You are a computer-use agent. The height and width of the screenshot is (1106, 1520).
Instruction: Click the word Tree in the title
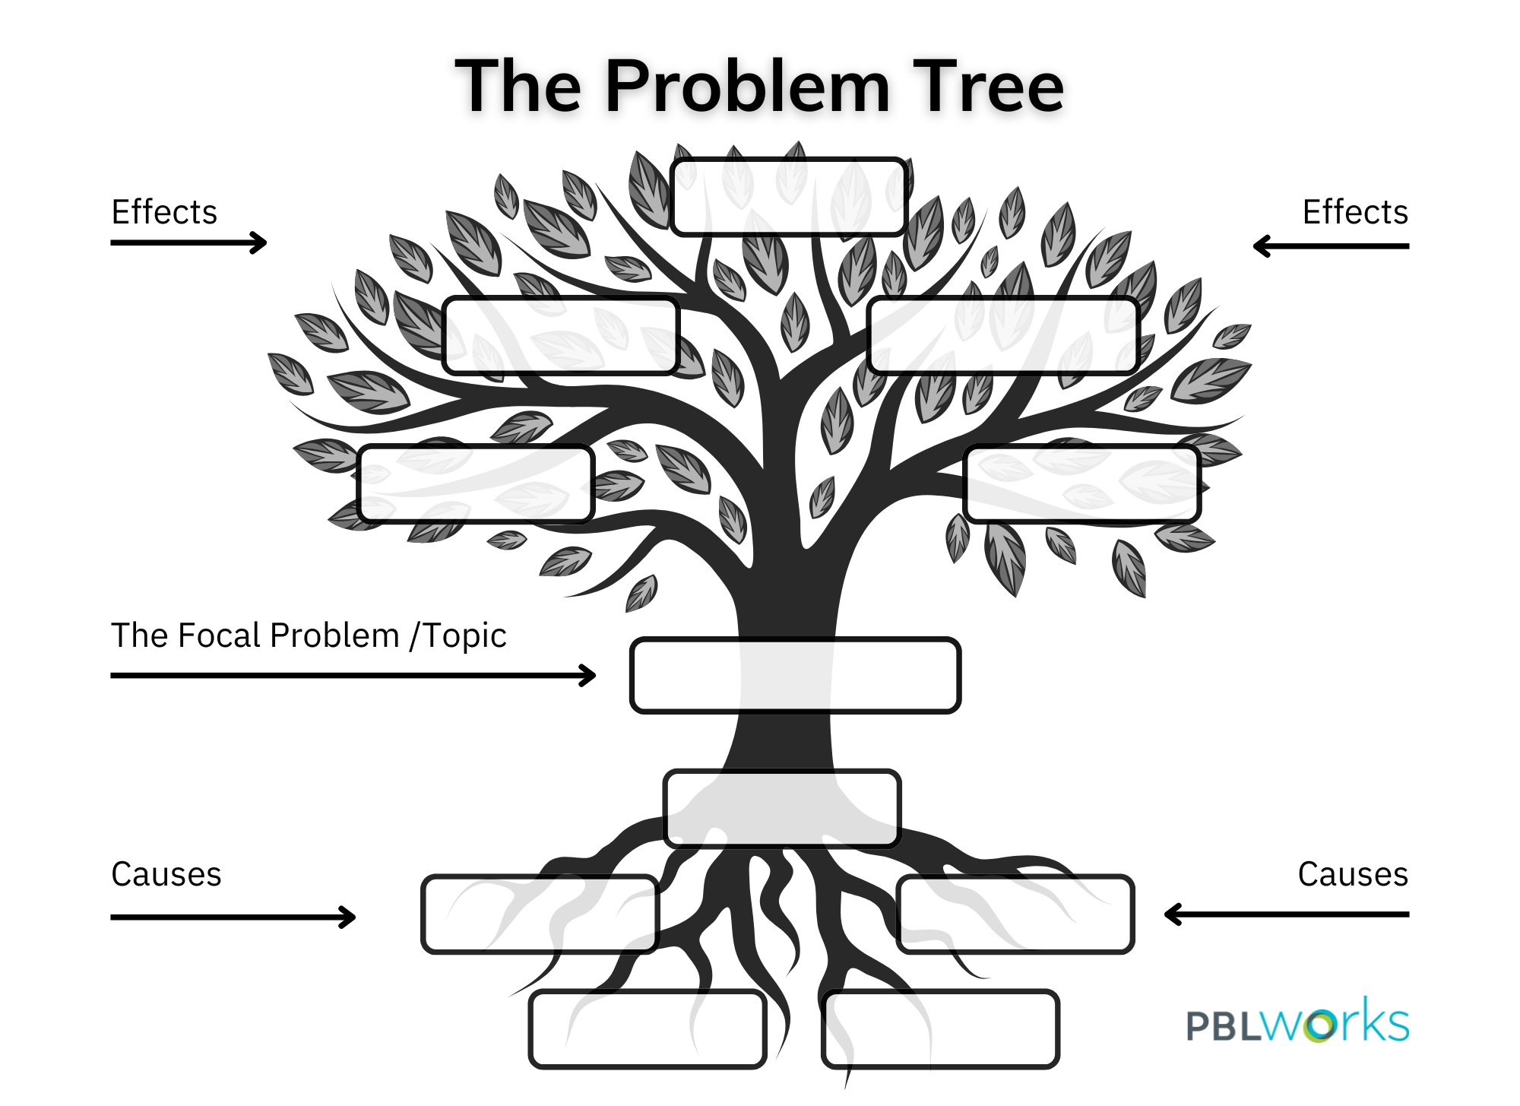pos(988,87)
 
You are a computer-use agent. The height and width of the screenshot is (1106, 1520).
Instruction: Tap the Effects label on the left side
pos(164,212)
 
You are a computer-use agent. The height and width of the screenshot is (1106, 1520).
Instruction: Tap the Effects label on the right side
pos(1355,212)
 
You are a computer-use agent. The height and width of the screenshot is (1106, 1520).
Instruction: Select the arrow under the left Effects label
pos(188,243)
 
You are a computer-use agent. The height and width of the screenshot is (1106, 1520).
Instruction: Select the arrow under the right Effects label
pos(1331,246)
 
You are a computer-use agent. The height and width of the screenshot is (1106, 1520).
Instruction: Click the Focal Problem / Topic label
pos(309,635)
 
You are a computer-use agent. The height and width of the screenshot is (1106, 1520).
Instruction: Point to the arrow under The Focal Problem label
pos(353,675)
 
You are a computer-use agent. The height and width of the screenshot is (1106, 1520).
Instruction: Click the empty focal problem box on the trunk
pos(795,676)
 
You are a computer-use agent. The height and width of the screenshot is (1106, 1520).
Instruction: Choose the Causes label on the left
pos(166,874)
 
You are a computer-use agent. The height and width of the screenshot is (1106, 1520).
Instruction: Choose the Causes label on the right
pos(1353,874)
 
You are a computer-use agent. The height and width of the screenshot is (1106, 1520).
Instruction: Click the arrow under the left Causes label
pos(233,917)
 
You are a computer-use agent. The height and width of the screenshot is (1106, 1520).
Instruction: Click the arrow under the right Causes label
pos(1287,914)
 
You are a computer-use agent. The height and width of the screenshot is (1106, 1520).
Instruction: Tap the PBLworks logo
pos(1297,1022)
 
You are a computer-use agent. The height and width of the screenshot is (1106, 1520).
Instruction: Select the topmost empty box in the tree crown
pos(789,197)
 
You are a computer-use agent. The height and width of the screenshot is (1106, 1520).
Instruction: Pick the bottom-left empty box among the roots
pos(648,1029)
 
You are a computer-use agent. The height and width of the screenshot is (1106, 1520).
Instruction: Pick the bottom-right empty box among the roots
pos(941,1029)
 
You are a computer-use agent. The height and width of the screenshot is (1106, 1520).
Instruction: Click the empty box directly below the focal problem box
pos(782,808)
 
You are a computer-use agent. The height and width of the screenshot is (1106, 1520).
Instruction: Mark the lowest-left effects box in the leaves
pos(476,484)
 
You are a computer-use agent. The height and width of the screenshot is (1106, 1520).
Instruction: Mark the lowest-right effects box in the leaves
pos(1082,484)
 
